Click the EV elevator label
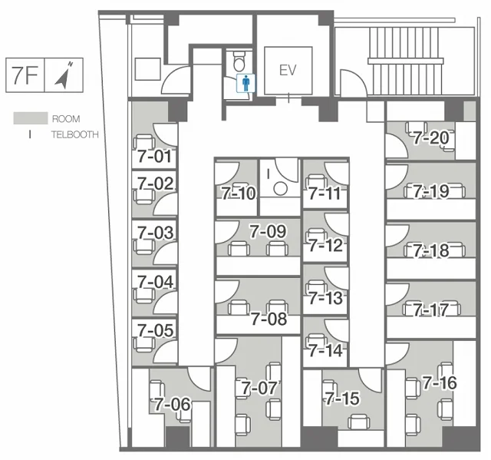(x=288, y=71)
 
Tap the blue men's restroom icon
(x=245, y=83)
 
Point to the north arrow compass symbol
(x=64, y=75)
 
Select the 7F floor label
(x=25, y=75)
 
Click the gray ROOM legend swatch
(x=31, y=118)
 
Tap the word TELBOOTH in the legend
(x=75, y=134)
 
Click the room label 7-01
(x=155, y=157)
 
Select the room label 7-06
(x=172, y=404)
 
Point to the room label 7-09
(x=268, y=232)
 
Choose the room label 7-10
(x=239, y=194)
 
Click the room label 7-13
(x=325, y=298)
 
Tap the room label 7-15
(x=342, y=399)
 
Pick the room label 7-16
(x=440, y=383)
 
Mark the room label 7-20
(x=431, y=138)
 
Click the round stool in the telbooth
(x=280, y=189)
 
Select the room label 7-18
(x=431, y=250)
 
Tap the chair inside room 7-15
(x=358, y=422)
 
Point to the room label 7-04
(x=155, y=282)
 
